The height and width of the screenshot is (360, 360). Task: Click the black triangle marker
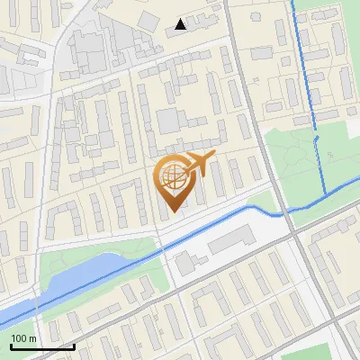[x=182, y=24]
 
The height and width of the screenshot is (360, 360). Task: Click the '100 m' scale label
[x=23, y=338]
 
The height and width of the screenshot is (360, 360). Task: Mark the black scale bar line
[x=42, y=346]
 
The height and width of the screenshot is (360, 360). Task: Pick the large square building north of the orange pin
[x=168, y=121]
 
